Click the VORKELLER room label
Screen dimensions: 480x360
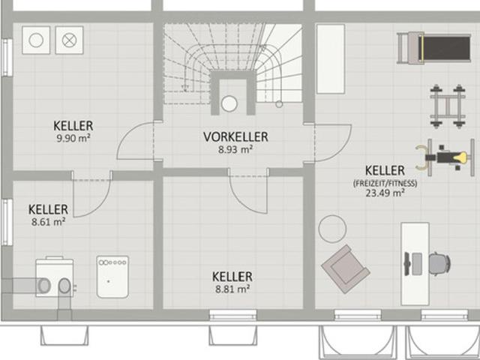[235, 136]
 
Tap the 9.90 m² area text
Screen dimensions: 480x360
[73, 138]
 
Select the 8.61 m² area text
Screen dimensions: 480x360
[48, 222]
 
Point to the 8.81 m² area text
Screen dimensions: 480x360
[232, 289]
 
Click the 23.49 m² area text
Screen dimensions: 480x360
[385, 193]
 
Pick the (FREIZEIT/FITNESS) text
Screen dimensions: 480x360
[385, 183]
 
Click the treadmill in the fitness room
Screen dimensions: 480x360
[433, 48]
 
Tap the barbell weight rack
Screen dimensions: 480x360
[448, 106]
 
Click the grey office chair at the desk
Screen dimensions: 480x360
[440, 263]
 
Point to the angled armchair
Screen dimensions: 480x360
[345, 268]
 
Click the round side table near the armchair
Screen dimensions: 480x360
[332, 229]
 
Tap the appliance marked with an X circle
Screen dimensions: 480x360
[69, 40]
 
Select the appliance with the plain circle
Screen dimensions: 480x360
[36, 40]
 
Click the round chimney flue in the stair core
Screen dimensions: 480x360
[229, 103]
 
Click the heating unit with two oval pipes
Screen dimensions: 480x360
[55, 277]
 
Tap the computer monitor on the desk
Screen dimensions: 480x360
[407, 264]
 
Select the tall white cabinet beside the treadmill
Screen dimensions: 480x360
[331, 59]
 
